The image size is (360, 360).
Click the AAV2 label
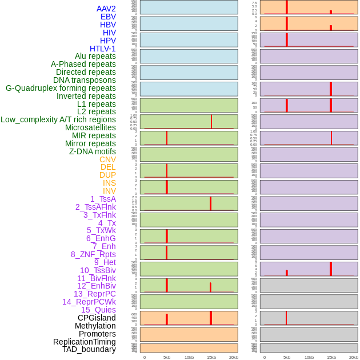(x=106, y=9)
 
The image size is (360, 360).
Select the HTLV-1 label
(x=102, y=49)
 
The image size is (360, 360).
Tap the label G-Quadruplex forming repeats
(x=61, y=88)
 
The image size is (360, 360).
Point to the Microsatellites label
(x=90, y=127)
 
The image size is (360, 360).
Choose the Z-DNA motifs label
(x=92, y=151)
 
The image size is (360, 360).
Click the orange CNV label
(x=107, y=159)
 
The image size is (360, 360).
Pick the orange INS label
(x=109, y=183)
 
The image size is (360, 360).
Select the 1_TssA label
(x=103, y=199)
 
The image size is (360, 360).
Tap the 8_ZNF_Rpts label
(x=93, y=254)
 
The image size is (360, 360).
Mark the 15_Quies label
(x=98, y=310)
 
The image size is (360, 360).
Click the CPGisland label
(x=97, y=318)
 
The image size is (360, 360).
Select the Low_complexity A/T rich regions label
(x=58, y=119)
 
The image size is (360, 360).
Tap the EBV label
(x=108, y=17)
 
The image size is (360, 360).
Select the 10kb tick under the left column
(x=189, y=357)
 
